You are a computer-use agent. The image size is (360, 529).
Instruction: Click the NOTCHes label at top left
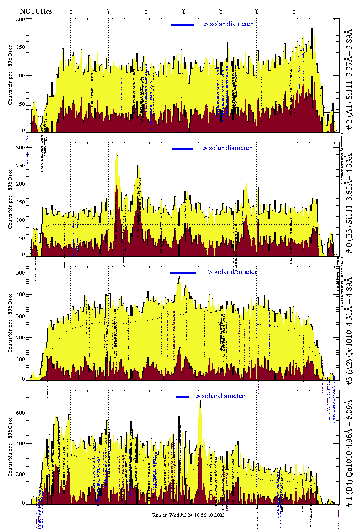tap(36, 11)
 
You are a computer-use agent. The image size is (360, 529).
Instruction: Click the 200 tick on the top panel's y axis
tap(20, 19)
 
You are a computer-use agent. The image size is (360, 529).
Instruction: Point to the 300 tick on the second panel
tap(20, 148)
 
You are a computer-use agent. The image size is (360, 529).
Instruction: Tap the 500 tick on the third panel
tap(20, 273)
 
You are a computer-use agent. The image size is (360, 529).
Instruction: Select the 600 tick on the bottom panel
tap(20, 413)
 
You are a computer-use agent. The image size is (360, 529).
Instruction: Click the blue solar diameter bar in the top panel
tap(183, 25)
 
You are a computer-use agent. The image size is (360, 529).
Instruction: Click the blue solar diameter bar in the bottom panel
tap(183, 397)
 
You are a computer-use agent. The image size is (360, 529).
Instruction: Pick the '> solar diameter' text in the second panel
tap(227, 148)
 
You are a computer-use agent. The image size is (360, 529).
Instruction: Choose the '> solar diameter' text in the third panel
tap(232, 272)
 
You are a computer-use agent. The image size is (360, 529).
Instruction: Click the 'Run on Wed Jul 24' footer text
tap(188, 515)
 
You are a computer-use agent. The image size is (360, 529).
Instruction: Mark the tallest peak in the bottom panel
tap(200, 401)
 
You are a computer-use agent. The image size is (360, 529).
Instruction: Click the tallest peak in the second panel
tap(116, 153)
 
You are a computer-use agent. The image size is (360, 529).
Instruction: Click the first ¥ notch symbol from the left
tap(71, 11)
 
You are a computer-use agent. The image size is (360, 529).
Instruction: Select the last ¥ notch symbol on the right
tap(294, 11)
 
